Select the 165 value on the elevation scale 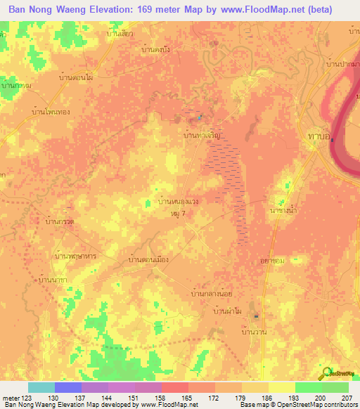coord(188,398)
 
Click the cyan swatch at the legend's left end coord(41,387)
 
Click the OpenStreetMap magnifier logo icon coord(326,374)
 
